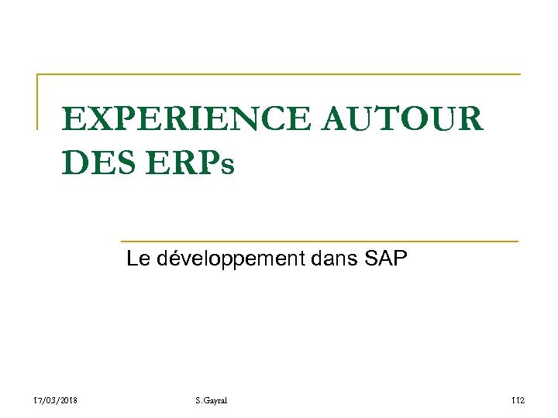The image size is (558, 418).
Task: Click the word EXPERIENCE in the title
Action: click(x=183, y=119)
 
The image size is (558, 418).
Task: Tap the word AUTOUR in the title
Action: click(x=400, y=119)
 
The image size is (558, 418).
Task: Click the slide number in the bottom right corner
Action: click(x=518, y=399)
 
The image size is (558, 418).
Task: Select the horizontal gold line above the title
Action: click(x=279, y=74)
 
